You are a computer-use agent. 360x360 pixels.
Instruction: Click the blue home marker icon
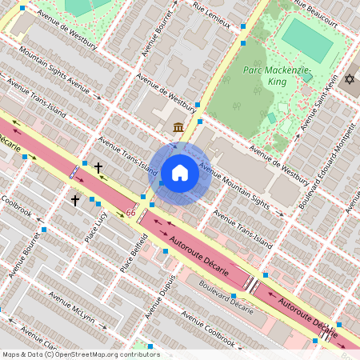[x=180, y=173]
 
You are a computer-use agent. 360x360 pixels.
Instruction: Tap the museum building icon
[x=177, y=127]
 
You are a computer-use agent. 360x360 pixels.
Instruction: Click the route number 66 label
[x=130, y=213]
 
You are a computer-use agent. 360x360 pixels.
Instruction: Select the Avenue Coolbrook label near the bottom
[x=207, y=333]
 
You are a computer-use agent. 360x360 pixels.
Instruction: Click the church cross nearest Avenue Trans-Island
[x=98, y=168]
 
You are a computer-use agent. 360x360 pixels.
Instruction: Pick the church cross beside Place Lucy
[x=75, y=200]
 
